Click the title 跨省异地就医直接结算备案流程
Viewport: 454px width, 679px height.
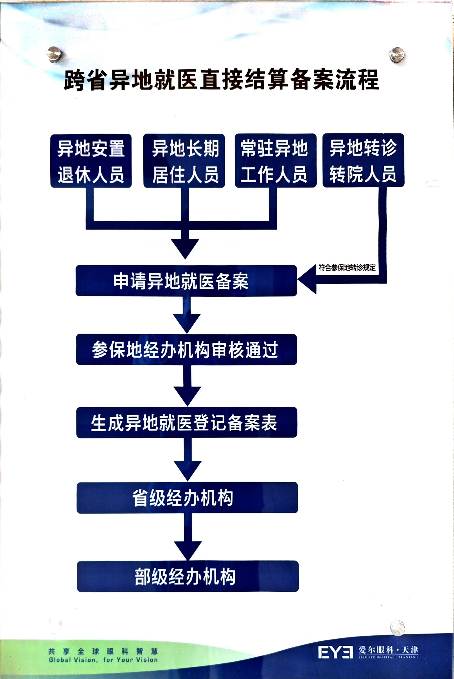[222, 80]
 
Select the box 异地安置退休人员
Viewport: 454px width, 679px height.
[91, 161]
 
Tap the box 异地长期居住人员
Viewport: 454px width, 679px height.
[184, 161]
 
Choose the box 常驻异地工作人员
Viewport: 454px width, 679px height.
[275, 161]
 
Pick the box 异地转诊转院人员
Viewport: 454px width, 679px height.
[363, 160]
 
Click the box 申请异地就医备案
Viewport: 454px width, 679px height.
[186, 280]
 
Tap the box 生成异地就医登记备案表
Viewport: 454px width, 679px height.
[187, 422]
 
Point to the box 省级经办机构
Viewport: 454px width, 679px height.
[187, 497]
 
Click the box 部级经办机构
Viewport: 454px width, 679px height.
[188, 576]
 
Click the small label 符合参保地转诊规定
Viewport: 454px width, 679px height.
[347, 267]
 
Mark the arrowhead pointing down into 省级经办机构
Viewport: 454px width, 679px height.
[188, 471]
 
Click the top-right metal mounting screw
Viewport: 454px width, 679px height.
[396, 54]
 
